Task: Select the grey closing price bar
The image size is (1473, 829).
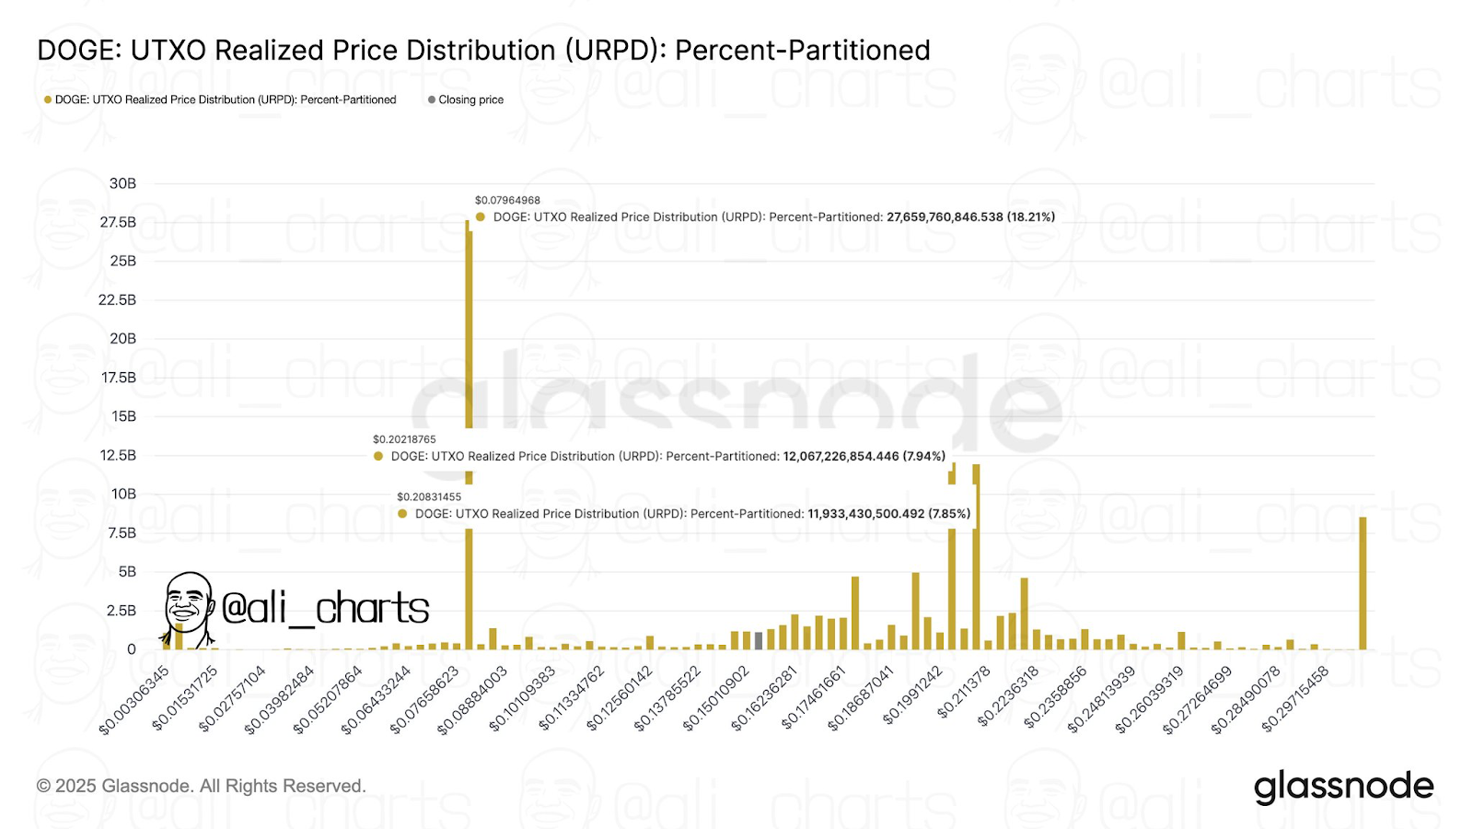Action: (759, 640)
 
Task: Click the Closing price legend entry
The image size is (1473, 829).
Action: (470, 99)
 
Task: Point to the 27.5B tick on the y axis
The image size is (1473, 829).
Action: (118, 222)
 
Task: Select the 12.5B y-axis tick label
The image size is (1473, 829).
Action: (118, 455)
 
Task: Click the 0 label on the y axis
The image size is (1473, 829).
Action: (132, 649)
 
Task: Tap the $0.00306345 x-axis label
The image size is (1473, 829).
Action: (134, 700)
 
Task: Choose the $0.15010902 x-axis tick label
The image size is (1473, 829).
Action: (716, 699)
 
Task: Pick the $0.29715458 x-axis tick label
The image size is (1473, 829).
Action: (1295, 699)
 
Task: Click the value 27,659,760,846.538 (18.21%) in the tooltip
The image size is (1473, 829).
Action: (970, 217)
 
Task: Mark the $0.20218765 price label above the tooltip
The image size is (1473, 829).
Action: (404, 439)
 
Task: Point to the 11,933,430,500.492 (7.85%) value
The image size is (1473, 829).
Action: (888, 514)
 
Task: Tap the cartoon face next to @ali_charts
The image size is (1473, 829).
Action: (188, 606)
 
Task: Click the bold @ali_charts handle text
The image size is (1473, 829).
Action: (325, 608)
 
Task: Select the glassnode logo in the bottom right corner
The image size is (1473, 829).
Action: (1343, 786)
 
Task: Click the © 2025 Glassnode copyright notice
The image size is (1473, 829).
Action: (201, 786)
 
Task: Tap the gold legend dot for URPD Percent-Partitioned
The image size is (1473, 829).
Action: (48, 99)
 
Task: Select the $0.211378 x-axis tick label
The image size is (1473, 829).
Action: (964, 692)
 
